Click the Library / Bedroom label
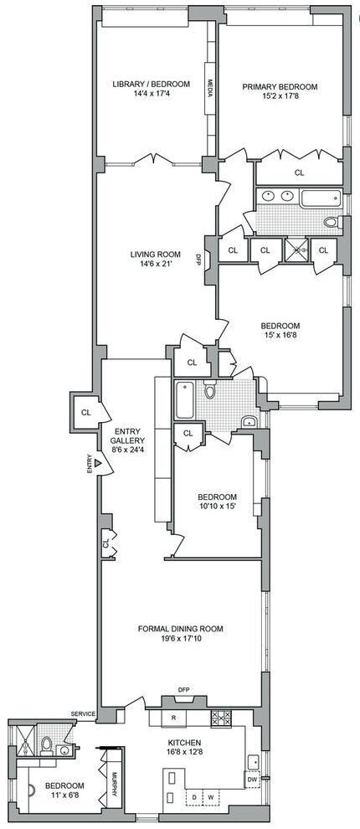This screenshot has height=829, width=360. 151,84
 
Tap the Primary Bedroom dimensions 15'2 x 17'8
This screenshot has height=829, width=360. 280,96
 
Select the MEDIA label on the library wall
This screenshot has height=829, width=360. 210,88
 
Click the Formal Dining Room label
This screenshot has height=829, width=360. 180,629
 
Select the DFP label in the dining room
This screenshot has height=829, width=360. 183,689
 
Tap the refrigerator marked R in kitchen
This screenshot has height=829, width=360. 174,717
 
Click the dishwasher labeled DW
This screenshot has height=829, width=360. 252,779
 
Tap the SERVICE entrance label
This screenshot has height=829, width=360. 83,713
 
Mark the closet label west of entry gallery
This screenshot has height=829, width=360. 85,412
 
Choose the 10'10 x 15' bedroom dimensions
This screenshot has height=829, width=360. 217,506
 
